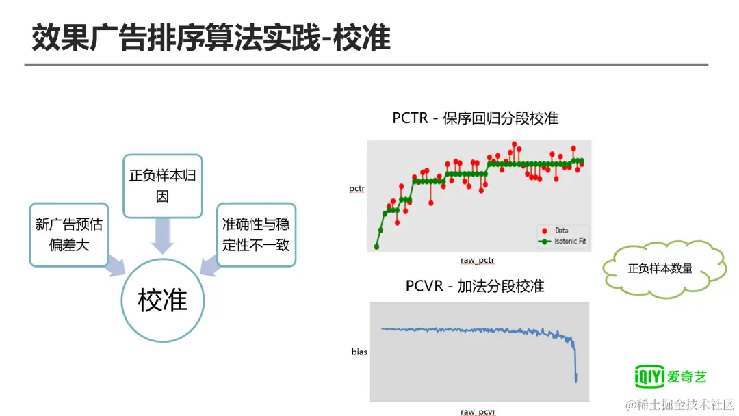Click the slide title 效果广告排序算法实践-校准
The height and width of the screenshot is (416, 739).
click(211, 38)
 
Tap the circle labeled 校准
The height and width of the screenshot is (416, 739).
click(163, 300)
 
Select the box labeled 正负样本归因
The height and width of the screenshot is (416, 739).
click(163, 185)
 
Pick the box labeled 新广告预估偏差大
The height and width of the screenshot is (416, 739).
click(69, 235)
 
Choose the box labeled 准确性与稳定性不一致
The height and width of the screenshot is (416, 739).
click(256, 235)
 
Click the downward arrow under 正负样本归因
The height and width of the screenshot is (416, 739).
click(163, 235)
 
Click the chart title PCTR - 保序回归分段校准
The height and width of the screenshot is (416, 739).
click(475, 118)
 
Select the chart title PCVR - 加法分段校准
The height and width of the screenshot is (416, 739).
click(475, 286)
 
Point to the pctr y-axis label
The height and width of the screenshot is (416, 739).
click(356, 188)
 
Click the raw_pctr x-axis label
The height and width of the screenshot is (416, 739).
click(478, 260)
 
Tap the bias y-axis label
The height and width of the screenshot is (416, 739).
click(359, 352)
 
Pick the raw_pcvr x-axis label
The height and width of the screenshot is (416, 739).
click(478, 412)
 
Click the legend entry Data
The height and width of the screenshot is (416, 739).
click(555, 231)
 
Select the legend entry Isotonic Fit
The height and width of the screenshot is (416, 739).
click(562, 242)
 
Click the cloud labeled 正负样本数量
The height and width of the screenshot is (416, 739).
click(664, 269)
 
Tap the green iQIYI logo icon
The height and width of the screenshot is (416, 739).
click(649, 376)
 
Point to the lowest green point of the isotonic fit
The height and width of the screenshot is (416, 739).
click(376, 246)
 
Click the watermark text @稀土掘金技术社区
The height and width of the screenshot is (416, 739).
click(679, 404)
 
